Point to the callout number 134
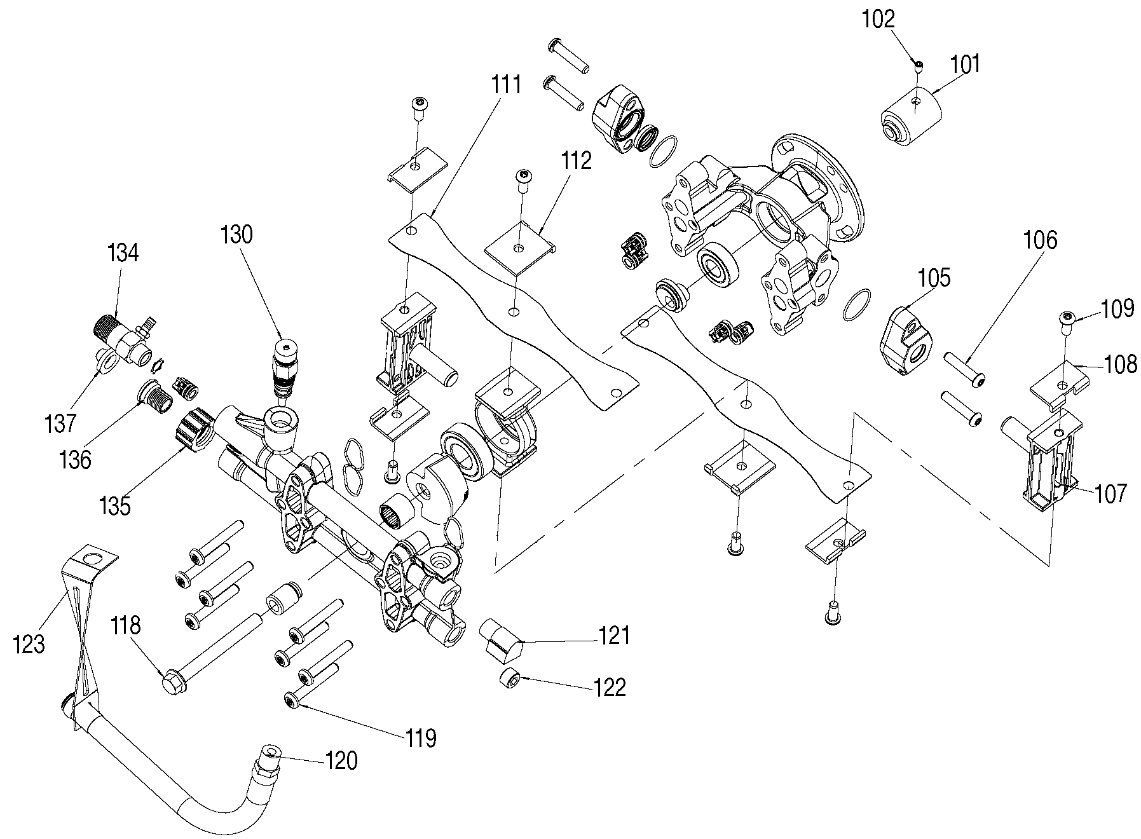click(123, 253)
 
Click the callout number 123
click(29, 643)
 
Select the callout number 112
click(577, 160)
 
